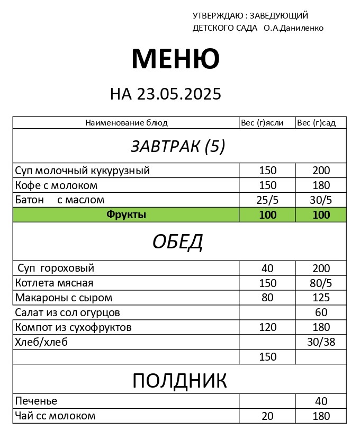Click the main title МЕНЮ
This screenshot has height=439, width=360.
click(x=175, y=59)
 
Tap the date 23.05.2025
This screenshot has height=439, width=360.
click(x=179, y=94)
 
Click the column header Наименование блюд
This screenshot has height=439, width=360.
click(x=127, y=123)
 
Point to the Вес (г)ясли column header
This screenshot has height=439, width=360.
click(x=262, y=123)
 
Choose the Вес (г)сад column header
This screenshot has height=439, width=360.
click(x=316, y=123)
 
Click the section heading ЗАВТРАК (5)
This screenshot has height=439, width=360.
click(x=178, y=147)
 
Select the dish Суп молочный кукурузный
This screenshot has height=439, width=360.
click(x=83, y=171)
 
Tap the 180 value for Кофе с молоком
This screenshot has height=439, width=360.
click(x=321, y=185)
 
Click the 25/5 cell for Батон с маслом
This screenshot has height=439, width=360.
click(x=267, y=200)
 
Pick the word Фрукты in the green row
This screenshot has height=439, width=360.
click(x=126, y=214)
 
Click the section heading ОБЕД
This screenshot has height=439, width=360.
click(x=178, y=242)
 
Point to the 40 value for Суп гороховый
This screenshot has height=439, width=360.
click(x=267, y=268)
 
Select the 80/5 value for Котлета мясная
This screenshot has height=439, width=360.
click(x=321, y=283)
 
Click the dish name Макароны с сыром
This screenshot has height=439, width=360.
click(x=64, y=298)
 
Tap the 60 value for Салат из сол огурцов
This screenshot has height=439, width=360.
click(x=321, y=312)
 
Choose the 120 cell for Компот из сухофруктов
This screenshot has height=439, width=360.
click(x=267, y=327)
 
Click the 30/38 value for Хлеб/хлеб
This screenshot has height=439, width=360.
click(x=321, y=342)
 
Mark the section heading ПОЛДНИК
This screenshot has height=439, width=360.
click(x=179, y=381)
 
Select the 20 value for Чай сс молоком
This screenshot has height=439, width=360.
click(x=267, y=416)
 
